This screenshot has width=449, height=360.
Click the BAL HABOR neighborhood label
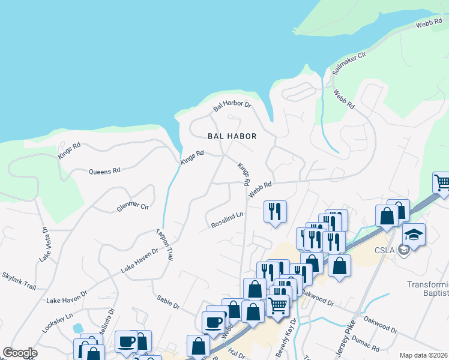click(x=232, y=136)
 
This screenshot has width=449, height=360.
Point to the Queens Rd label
click(x=104, y=171)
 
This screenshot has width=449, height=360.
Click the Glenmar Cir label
click(x=132, y=206)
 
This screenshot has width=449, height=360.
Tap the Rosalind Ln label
click(x=227, y=220)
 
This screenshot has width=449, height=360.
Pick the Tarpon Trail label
click(x=164, y=245)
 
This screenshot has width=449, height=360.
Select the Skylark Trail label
click(x=19, y=280)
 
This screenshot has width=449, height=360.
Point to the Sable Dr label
click(x=168, y=302)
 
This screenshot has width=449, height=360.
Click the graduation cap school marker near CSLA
click(x=414, y=233)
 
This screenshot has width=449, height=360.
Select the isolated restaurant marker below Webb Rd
click(x=275, y=211)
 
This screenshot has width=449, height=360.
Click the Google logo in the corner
click(x=20, y=353)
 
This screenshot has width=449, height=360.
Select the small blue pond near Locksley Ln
click(x=77, y=329)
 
